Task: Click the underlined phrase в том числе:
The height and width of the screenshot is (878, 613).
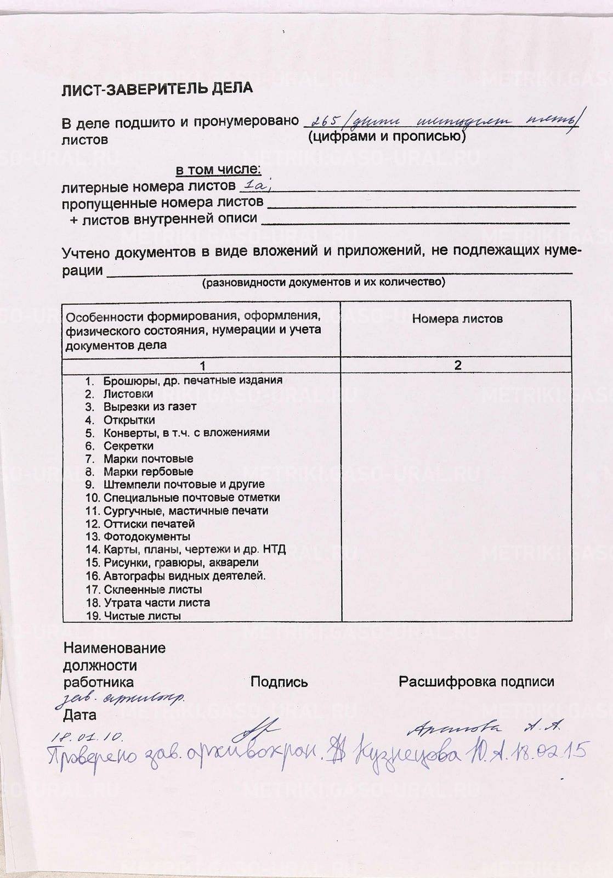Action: [218, 170]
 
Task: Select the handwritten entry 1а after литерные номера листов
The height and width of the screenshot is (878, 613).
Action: [255, 185]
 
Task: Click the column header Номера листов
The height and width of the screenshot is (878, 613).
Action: [457, 319]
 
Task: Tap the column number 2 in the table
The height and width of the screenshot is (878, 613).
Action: [458, 365]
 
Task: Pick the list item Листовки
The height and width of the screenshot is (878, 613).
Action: [128, 393]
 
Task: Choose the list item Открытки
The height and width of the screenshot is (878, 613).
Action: [129, 420]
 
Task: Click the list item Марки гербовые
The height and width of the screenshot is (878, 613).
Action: [148, 471]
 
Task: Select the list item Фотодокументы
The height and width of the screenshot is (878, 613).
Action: [146, 536]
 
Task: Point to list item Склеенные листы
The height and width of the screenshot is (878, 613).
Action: [152, 589]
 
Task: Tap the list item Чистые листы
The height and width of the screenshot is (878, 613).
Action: [142, 616]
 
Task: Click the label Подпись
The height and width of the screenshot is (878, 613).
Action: [279, 682]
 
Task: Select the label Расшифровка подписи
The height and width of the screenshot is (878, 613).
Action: [476, 682]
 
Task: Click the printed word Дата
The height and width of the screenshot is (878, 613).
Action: [80, 715]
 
